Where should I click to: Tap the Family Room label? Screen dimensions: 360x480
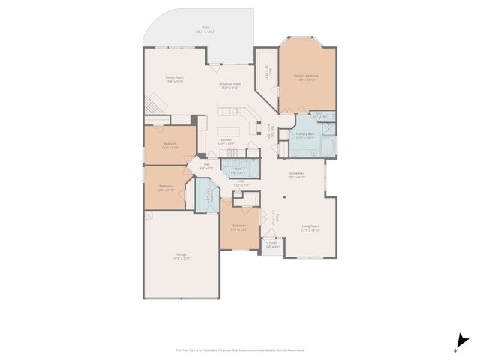(x=175, y=79)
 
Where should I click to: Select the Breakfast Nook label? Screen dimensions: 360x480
(x=230, y=85)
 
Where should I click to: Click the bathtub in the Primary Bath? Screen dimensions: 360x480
(x=328, y=143)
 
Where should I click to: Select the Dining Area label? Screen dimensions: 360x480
(x=297, y=175)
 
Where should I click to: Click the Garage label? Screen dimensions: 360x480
(x=181, y=256)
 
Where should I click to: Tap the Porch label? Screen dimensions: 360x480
(x=274, y=243)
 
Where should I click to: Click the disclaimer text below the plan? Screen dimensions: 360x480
(x=240, y=349)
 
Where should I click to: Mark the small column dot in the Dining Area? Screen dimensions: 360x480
(x=284, y=199)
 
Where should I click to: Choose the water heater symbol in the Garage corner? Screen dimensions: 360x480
(x=149, y=215)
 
